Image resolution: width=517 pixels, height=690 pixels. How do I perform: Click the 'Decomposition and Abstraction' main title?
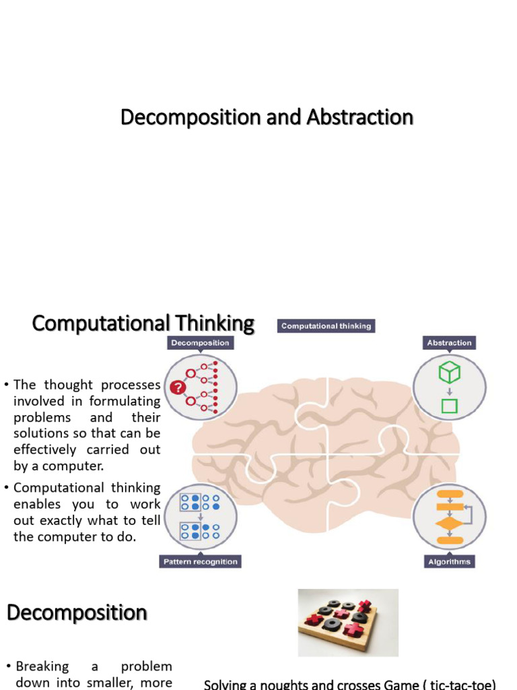point(267,117)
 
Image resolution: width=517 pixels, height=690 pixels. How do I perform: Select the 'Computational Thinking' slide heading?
point(143,323)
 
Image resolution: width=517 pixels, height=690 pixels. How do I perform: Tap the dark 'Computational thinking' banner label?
point(326,326)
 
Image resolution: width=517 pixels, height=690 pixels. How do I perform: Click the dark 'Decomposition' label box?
point(200,343)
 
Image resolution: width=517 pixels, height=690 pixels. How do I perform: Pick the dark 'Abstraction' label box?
point(449,343)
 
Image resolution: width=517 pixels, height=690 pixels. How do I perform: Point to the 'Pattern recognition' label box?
point(200,561)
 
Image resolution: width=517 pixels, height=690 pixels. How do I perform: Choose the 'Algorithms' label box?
point(449,561)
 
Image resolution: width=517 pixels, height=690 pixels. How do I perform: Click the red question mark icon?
point(178,387)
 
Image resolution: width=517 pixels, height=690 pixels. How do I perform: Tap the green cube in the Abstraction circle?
point(449,372)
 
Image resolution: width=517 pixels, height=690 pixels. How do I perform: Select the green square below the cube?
point(449,406)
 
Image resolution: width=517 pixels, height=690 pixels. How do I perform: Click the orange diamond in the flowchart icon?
point(449,524)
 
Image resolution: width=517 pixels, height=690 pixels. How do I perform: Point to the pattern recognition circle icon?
point(200,515)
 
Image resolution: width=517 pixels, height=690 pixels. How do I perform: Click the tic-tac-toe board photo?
point(348,622)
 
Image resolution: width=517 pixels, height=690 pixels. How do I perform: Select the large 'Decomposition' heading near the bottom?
point(77,613)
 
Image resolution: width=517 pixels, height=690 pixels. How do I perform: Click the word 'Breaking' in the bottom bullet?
point(42,666)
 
